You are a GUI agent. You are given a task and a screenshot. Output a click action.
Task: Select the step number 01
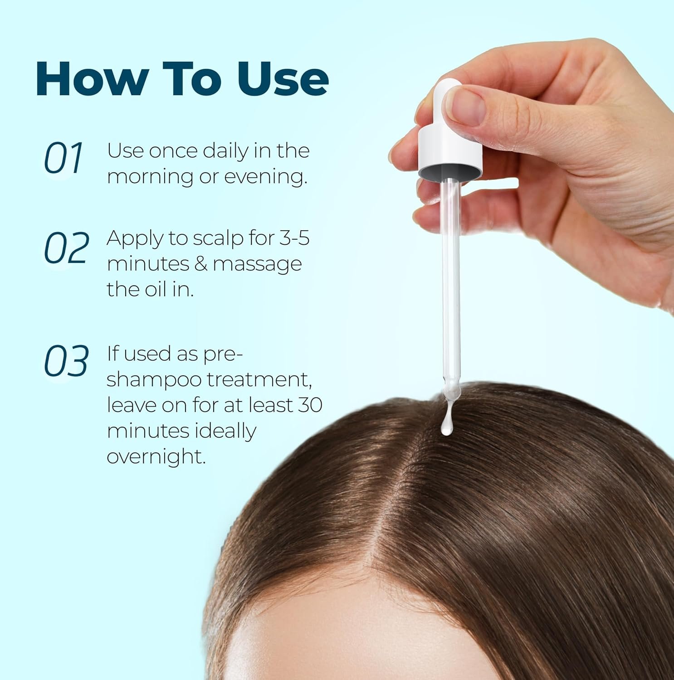[64, 158]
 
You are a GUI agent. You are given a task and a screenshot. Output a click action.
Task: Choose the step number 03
[66, 361]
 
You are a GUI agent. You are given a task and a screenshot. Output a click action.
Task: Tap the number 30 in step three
[310, 405]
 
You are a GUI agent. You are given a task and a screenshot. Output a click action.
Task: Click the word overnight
[156, 457]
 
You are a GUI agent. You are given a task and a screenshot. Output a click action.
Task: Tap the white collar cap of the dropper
[450, 152]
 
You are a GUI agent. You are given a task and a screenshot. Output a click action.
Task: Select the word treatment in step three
[259, 380]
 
